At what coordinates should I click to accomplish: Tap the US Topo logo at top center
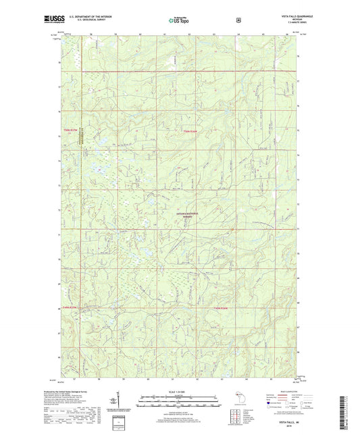[178, 20]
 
